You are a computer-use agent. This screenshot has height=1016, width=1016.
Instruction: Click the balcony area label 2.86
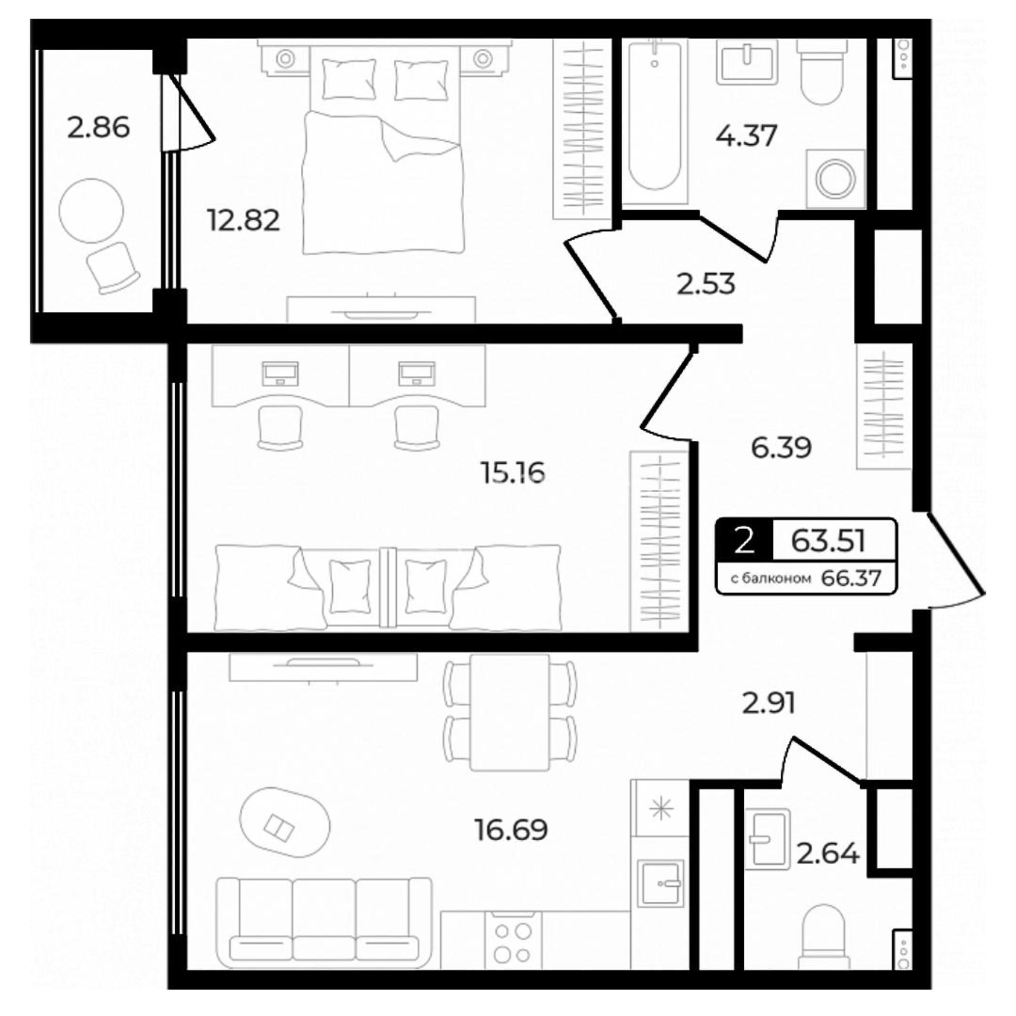(99, 129)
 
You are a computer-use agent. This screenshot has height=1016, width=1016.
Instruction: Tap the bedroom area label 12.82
(243, 220)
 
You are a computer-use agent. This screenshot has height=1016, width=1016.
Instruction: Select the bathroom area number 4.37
(746, 136)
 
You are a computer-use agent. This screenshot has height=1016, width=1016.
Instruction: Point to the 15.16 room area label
(513, 473)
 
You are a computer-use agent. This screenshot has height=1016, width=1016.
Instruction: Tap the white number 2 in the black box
(744, 541)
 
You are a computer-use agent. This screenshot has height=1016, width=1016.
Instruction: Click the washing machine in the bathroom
(836, 178)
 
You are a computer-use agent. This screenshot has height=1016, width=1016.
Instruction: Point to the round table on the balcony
(91, 211)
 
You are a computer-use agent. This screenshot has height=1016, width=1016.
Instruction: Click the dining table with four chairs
(510, 713)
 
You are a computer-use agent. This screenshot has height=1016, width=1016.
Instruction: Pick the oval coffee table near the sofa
(285, 831)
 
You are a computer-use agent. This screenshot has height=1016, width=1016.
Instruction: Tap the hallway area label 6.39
(781, 448)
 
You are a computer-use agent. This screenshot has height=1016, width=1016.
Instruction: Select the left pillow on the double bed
(350, 79)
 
